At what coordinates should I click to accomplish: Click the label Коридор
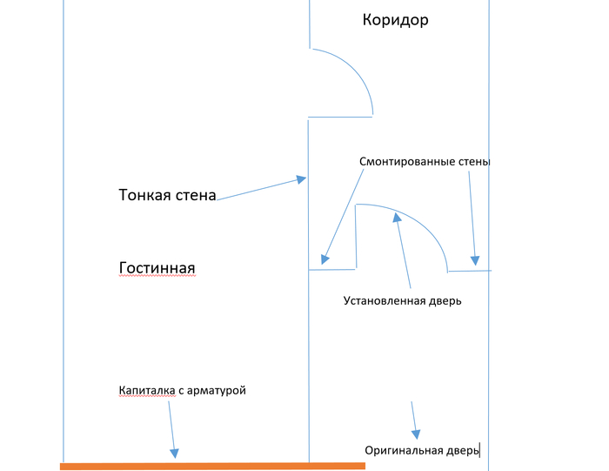click(x=395, y=20)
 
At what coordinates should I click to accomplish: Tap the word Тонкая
click(x=143, y=195)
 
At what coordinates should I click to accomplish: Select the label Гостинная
click(x=157, y=267)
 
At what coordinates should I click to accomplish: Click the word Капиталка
click(x=147, y=390)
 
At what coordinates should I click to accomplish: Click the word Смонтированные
click(x=412, y=162)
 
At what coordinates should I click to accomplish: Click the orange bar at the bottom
click(x=212, y=467)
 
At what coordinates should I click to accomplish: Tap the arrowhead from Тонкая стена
click(x=301, y=179)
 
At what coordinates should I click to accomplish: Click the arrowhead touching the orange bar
click(x=174, y=452)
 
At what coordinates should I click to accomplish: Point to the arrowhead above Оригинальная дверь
click(x=416, y=433)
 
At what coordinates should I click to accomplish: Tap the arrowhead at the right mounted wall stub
click(x=474, y=259)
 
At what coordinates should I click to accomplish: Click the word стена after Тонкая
click(x=196, y=195)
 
